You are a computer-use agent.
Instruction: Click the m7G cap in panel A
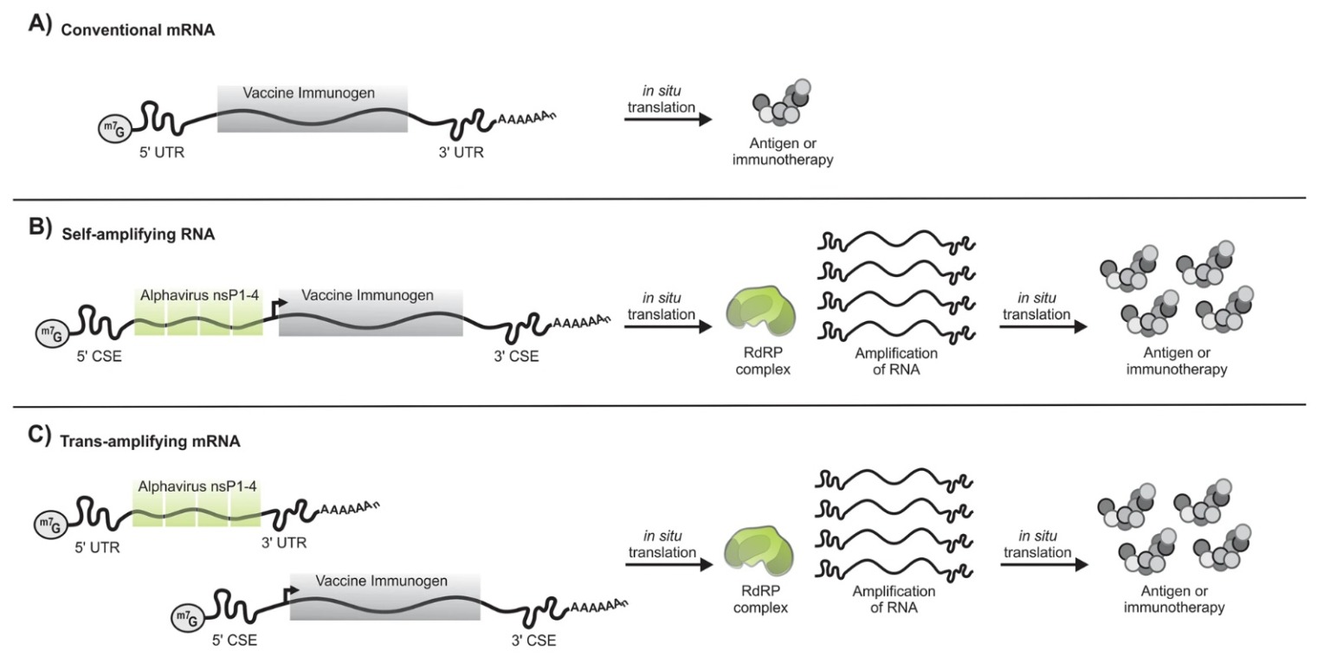[x=114, y=130]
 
